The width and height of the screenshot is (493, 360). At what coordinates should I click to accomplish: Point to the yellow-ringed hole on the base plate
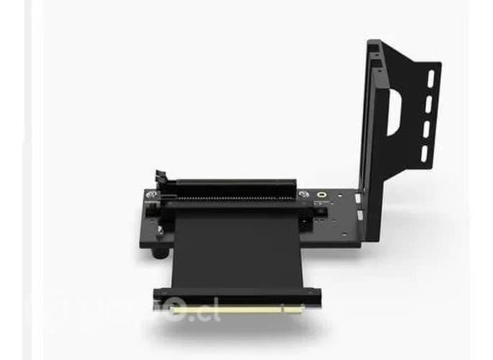click(322, 195)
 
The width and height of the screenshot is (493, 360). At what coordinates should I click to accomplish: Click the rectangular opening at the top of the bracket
click(374, 48)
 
